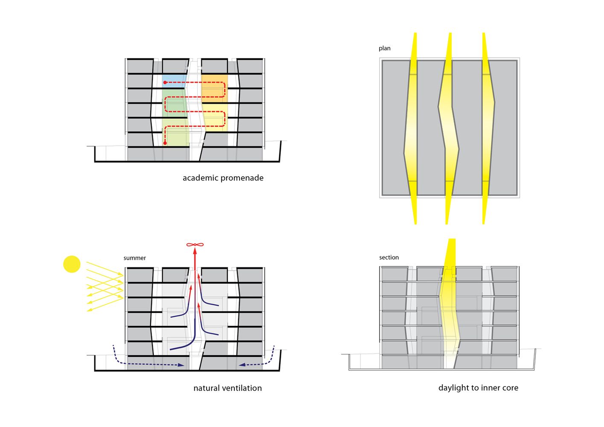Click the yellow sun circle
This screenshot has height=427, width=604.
72,264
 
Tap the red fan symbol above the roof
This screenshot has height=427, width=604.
195,245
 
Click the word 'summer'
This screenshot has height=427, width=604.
134,258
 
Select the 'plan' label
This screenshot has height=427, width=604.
384,48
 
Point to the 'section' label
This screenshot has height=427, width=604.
389,257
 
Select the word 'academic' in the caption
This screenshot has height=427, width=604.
200,178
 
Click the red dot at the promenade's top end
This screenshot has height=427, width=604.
165,82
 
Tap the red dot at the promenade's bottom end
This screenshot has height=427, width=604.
165,143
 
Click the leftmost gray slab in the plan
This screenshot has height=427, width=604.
395,127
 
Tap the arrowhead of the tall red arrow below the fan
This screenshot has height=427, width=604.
195,251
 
